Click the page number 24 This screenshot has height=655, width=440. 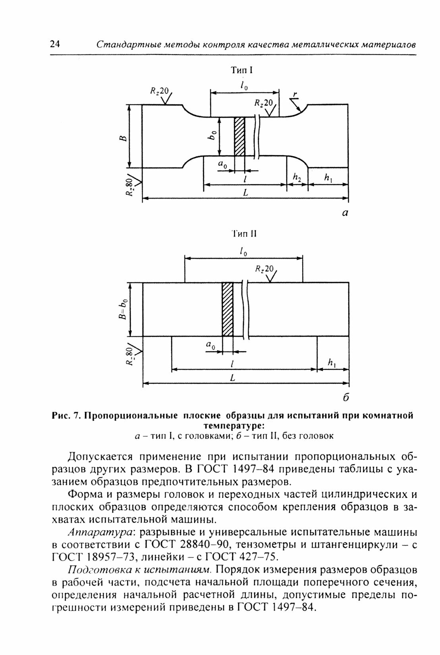[x=55, y=44]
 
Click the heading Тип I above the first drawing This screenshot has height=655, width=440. [x=242, y=71]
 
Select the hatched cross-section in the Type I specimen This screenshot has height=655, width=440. [x=239, y=136]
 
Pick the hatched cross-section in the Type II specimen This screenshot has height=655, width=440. [x=228, y=309]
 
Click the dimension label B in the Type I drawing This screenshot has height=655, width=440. [x=124, y=138]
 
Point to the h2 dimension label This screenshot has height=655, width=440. [x=297, y=179]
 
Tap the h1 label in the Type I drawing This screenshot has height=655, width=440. [x=328, y=179]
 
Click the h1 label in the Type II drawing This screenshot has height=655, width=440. [x=332, y=363]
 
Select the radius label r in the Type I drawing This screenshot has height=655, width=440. [x=295, y=94]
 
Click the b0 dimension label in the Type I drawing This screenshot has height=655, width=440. [x=214, y=136]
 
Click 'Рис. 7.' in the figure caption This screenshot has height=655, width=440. [x=66, y=415]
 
